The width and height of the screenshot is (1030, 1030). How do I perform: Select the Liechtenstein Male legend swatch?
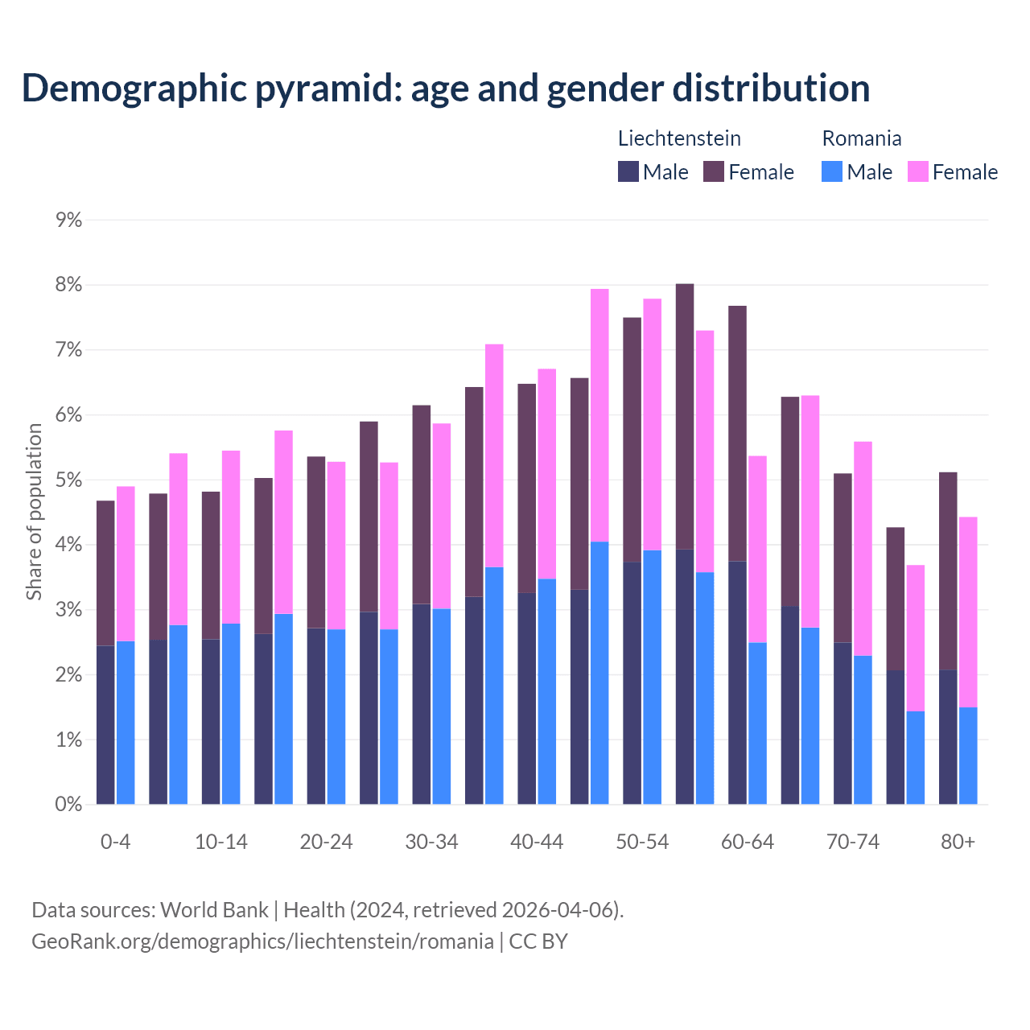(x=628, y=171)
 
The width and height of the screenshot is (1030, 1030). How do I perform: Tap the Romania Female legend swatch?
(x=918, y=171)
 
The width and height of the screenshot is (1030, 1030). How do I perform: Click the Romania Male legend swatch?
(x=832, y=171)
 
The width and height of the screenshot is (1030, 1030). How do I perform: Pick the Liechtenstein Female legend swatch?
(x=714, y=171)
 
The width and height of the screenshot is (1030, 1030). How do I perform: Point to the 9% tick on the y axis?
(x=68, y=220)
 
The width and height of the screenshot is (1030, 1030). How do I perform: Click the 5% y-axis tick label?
(x=68, y=480)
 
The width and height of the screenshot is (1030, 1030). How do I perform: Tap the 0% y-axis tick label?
(x=68, y=804)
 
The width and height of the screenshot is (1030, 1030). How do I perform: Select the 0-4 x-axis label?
(x=115, y=842)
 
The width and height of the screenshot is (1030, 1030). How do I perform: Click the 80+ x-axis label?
(x=958, y=842)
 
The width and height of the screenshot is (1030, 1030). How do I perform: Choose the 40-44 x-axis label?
(x=537, y=842)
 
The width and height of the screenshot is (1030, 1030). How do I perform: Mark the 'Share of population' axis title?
(x=34, y=512)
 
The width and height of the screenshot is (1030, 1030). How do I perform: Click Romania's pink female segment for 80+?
(x=968, y=612)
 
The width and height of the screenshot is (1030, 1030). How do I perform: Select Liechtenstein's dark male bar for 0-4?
(x=105, y=724)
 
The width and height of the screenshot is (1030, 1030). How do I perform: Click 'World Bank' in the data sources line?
(x=214, y=910)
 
